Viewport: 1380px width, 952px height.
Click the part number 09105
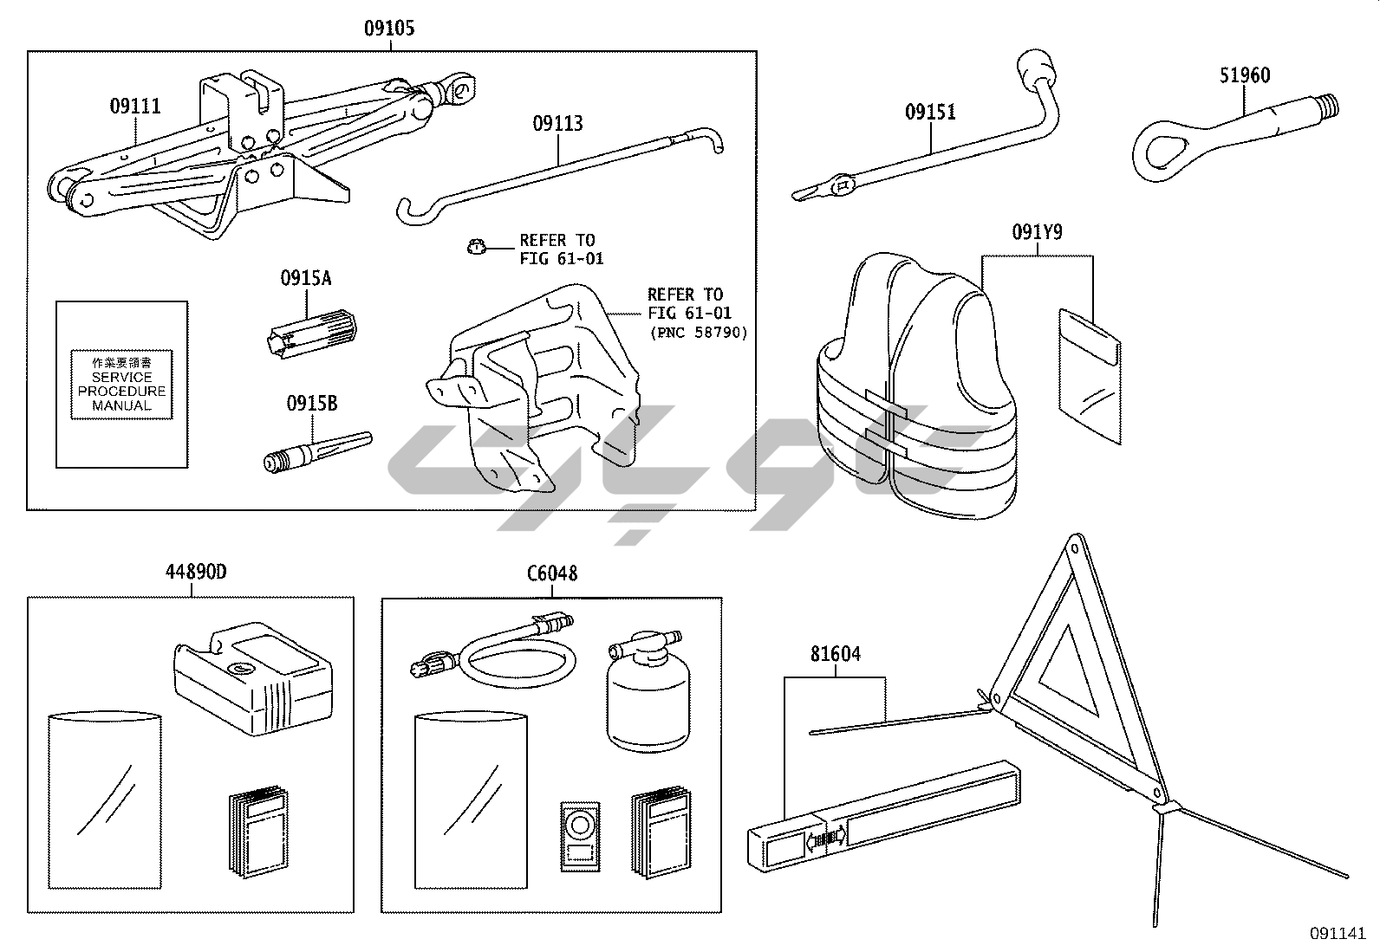(x=388, y=29)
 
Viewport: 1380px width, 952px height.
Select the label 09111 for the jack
(x=135, y=107)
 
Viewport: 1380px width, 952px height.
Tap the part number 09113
(x=557, y=124)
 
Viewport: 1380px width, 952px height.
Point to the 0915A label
(x=305, y=279)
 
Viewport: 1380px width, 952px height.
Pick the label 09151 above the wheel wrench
(x=930, y=112)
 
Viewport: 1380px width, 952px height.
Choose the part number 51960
(x=1245, y=75)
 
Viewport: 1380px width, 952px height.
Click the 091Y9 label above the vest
(x=1037, y=233)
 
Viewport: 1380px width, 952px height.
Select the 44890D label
(x=196, y=573)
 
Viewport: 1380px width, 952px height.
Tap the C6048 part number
(x=552, y=573)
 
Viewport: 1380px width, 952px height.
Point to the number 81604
(x=836, y=654)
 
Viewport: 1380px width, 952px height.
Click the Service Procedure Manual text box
(x=121, y=384)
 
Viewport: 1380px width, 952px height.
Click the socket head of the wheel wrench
(x=1034, y=67)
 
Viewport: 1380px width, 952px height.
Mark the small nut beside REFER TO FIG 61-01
(x=473, y=248)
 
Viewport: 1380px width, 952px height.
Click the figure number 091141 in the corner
(x=1338, y=934)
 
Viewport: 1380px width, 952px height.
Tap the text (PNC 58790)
(x=698, y=333)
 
